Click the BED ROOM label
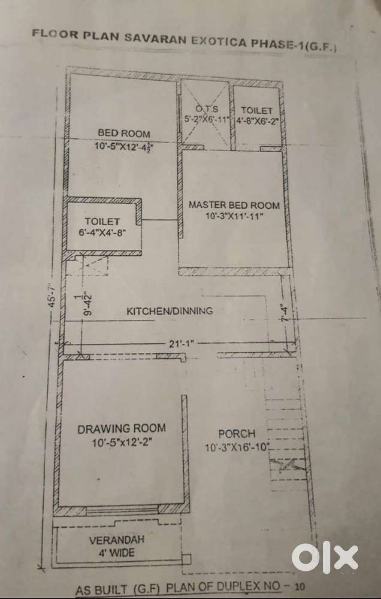pos(124,134)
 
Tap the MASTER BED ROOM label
pos(234,205)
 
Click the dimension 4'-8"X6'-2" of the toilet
pos(256,120)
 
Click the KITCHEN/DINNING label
pos(170,311)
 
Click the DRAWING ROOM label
pos(122,428)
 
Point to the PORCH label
pos(237,434)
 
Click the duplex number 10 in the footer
pos(300,589)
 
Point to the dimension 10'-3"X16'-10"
pos(237,447)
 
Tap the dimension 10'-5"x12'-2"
pos(121,443)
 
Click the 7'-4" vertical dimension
pos(285,313)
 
